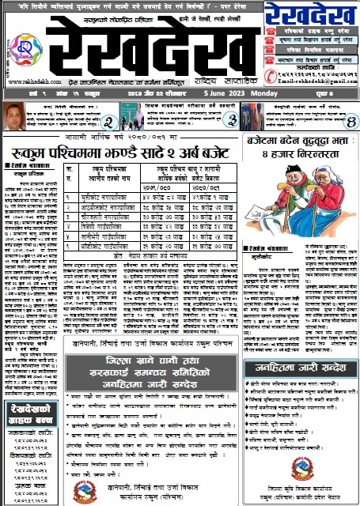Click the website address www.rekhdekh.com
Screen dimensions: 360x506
tap(29, 81)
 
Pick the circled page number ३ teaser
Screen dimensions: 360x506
tap(230, 120)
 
